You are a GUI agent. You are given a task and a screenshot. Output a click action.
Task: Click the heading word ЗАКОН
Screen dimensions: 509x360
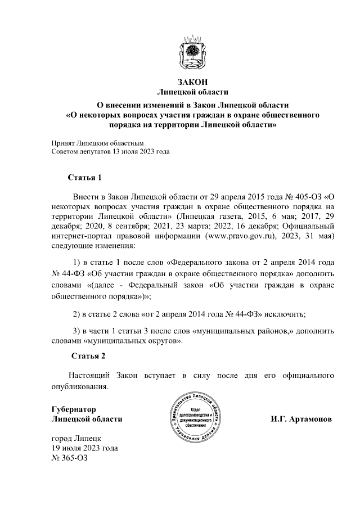193,82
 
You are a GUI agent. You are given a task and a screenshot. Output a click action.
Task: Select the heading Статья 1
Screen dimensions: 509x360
84,178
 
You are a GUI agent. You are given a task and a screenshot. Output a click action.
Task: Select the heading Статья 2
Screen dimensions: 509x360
88,356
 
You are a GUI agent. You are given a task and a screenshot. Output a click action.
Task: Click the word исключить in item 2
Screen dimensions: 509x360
283,313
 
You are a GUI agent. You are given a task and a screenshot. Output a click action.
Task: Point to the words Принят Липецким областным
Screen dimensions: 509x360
98,143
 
